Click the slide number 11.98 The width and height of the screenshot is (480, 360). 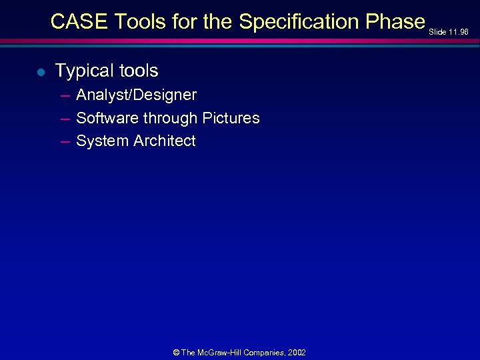click(459, 31)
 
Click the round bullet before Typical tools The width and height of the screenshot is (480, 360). click(41, 72)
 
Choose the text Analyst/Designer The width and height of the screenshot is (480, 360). click(136, 95)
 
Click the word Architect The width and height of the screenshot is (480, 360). click(165, 141)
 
